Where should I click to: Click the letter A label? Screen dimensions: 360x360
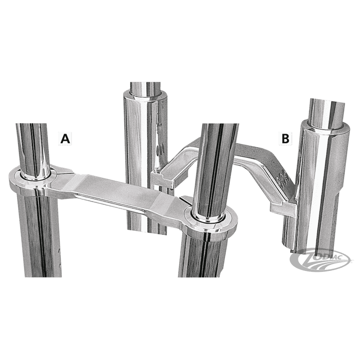click(65, 139)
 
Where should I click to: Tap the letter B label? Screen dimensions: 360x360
click(285, 139)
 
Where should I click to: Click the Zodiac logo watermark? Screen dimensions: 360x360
click(320, 260)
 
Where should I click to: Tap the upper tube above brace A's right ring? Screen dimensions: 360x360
click(219, 170)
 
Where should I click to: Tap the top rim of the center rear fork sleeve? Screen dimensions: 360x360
click(144, 95)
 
